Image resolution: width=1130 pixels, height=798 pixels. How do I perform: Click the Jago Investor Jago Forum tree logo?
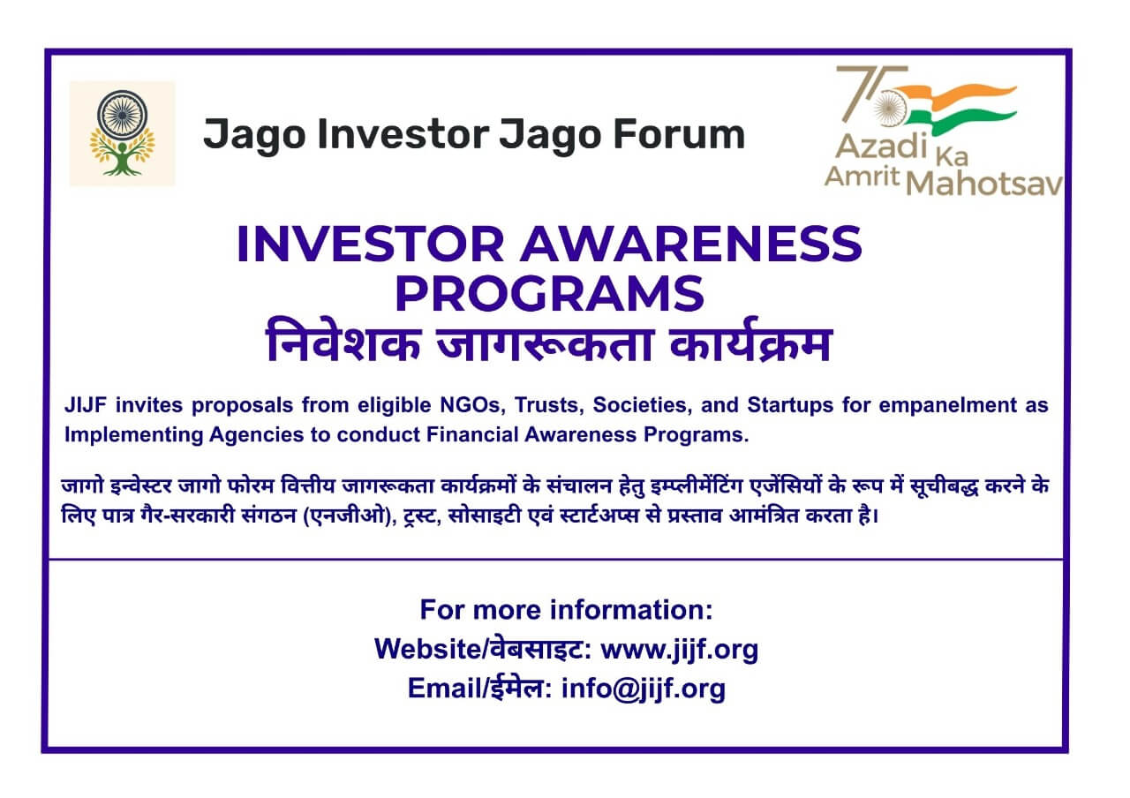[x=122, y=133]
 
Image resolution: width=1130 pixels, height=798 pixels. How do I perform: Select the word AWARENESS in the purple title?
[x=690, y=244]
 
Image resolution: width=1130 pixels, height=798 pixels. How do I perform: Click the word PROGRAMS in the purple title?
[x=549, y=293]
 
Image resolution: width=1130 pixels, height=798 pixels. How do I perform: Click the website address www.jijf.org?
[x=679, y=650]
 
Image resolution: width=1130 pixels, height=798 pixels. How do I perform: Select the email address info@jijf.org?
[x=644, y=689]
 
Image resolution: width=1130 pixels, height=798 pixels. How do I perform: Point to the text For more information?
[x=566, y=610]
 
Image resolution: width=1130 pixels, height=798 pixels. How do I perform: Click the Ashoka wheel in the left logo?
[x=123, y=112]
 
